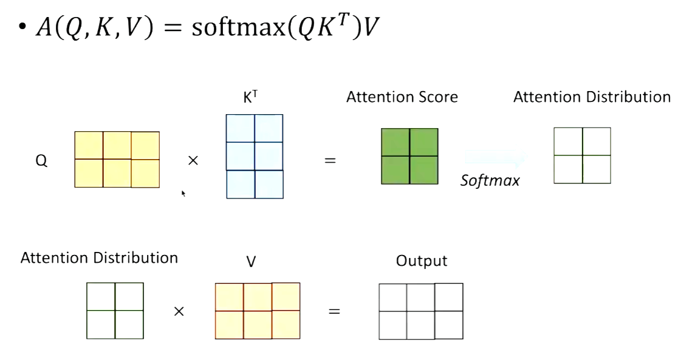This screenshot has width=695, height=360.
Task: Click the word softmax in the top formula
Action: pos(239,27)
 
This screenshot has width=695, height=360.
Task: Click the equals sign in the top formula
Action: pos(173,27)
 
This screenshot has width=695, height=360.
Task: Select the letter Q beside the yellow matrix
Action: pos(41,160)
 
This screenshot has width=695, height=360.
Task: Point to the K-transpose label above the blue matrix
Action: pos(250,97)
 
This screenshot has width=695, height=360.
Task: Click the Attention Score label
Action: pos(402,97)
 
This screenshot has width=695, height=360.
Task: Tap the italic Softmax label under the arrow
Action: pos(490,180)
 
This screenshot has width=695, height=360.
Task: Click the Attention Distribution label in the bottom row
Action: pos(99,258)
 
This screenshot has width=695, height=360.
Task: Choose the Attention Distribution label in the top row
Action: pos(592,97)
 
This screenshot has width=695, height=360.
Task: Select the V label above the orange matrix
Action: pos(251,262)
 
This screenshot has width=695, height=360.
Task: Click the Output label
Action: pos(422,261)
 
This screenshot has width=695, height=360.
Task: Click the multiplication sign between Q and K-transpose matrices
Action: pos(193,160)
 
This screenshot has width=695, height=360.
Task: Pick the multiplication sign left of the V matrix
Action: pos(179,311)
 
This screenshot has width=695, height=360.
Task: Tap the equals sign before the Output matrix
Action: pos(334,311)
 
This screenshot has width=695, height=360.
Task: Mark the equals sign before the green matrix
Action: pos(330,160)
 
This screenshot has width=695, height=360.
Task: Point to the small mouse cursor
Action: pos(183,193)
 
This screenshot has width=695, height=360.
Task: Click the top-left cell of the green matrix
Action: pos(395,142)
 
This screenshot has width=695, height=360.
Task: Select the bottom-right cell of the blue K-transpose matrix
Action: pos(269,184)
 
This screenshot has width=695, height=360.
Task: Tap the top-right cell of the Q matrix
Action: pos(145,145)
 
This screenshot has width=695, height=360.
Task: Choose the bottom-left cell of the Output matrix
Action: pos(392,325)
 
